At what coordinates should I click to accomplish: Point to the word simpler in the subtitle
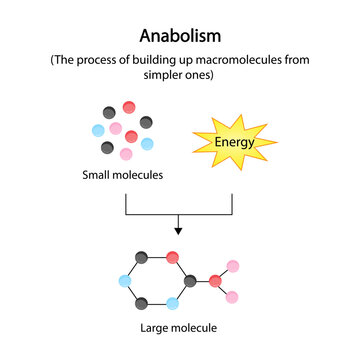tap(149, 77)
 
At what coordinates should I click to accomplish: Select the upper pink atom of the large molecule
tap(233, 265)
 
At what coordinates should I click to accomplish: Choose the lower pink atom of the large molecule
tap(233, 297)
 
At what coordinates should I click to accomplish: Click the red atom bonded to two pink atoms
tap(215, 281)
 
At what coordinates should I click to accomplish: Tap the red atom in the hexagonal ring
tap(174, 258)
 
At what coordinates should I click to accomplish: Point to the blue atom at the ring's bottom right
tap(174, 303)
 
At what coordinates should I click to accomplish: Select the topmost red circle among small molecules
tap(129, 107)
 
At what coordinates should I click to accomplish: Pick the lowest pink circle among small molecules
tap(126, 154)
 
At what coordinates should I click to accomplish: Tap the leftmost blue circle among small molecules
tap(97, 131)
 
